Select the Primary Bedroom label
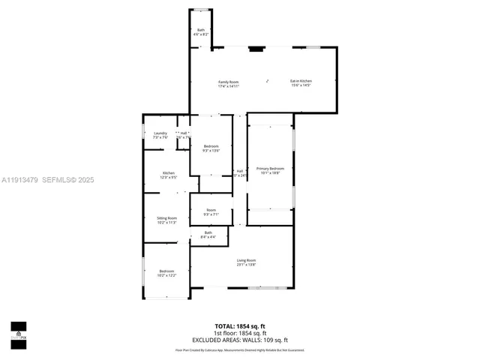[270, 169]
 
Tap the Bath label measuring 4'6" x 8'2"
[201, 30]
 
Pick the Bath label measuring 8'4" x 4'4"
[208, 232]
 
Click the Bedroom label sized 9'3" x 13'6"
[211, 146]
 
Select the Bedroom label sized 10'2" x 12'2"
[166, 271]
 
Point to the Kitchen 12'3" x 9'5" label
[169, 173]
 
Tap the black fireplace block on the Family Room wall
[256, 50]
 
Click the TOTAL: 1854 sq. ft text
[240, 326]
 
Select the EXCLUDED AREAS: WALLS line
[240, 340]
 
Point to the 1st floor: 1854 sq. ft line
[240, 333]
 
